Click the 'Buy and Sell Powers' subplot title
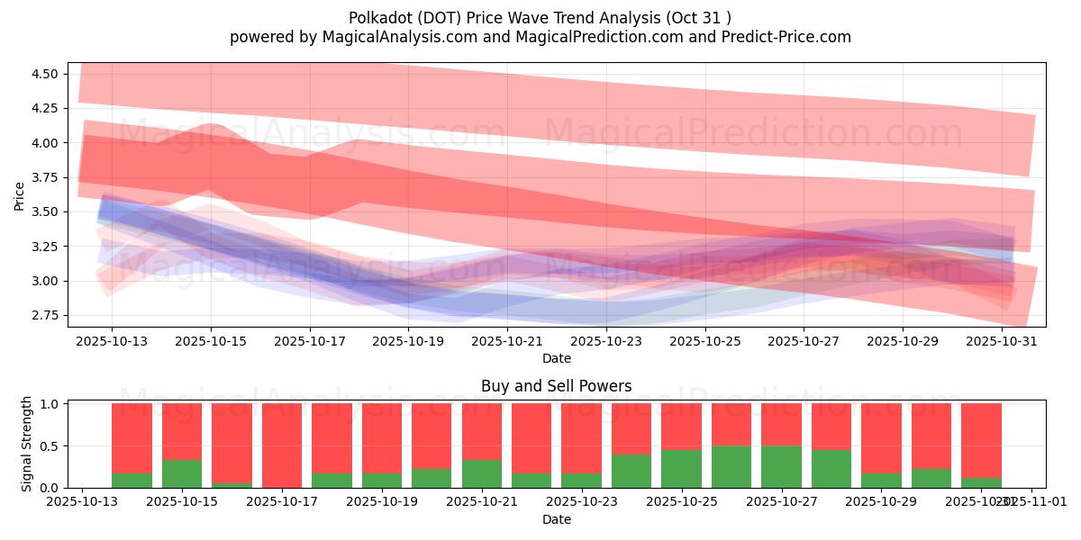point(556,386)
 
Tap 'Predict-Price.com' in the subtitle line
point(780,37)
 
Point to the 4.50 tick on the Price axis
point(45,74)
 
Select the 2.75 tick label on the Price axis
point(45,316)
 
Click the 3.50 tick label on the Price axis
point(45,212)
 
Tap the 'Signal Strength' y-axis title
point(27,444)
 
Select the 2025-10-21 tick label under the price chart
point(507,342)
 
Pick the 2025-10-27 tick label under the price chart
point(804,342)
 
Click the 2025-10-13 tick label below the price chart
point(112,342)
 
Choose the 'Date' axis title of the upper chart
point(556,358)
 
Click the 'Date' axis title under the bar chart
point(556,519)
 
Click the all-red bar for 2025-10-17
point(282,445)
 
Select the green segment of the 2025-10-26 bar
point(731,466)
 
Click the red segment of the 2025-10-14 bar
point(132,437)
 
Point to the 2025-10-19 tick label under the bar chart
point(382,502)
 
